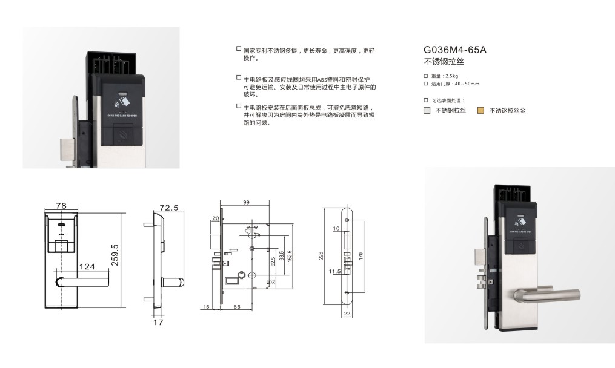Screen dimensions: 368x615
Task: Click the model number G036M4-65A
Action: click(x=454, y=50)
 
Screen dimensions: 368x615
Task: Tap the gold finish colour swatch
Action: click(x=480, y=111)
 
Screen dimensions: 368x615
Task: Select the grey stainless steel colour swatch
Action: click(x=427, y=111)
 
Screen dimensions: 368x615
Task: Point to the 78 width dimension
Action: click(x=60, y=206)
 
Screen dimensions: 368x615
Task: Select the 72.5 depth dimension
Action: click(x=168, y=208)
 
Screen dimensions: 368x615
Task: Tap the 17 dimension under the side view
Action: click(x=158, y=323)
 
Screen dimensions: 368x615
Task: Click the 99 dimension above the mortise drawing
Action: click(x=247, y=202)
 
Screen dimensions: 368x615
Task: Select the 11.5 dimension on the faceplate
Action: click(x=334, y=272)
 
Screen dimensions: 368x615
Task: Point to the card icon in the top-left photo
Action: click(x=122, y=98)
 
